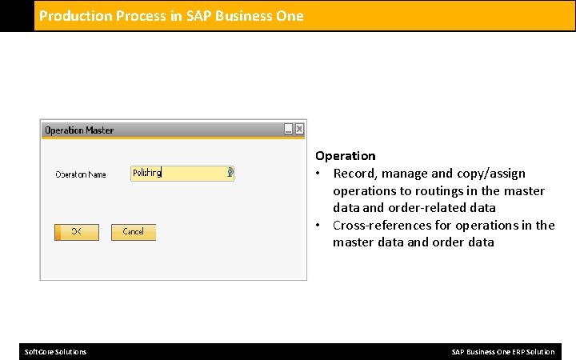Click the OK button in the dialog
pos(77,232)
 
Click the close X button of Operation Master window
pos(299,129)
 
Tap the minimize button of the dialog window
pos(288,129)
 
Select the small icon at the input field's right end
pos(230,172)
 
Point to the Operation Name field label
pos(80,174)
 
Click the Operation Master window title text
pos(79,130)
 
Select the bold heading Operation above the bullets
pos(345,155)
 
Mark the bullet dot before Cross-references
pos(318,226)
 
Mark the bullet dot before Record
pos(318,174)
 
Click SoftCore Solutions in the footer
pos(56,352)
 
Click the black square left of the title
pos(17,15)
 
